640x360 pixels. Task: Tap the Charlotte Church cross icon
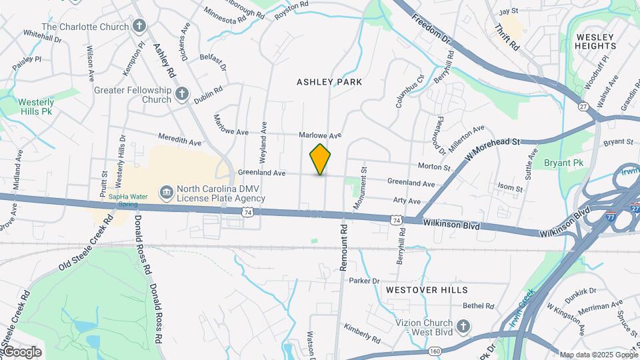[139, 27]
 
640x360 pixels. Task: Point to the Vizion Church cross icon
[464, 326]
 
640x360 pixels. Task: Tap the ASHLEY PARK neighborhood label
[329, 82]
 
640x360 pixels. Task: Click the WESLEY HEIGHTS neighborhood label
[596, 41]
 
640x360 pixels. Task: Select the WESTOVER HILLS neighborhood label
[427, 290]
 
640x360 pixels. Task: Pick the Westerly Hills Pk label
[36, 107]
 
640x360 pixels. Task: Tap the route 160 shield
[435, 351]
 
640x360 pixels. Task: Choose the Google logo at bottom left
[22, 352]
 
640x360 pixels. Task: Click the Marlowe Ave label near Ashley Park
[320, 135]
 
